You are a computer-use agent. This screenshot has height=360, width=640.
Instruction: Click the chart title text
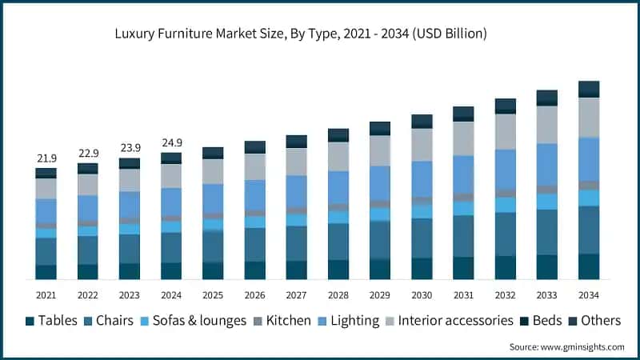[301, 34]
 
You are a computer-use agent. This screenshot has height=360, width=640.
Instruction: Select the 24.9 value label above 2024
[171, 143]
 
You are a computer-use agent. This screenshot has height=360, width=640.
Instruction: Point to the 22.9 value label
[87, 154]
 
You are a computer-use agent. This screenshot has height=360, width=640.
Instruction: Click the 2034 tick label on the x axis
[588, 294]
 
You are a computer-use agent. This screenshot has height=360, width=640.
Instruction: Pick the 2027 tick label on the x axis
[296, 294]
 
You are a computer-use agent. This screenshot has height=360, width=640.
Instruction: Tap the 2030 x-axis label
[422, 294]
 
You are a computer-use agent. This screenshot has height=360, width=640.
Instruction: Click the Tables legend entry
[51, 321]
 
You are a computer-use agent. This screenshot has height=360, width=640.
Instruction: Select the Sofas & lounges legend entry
[195, 321]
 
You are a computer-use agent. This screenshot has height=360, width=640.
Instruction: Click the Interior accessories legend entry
[448, 321]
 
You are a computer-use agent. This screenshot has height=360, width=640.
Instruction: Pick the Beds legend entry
[542, 321]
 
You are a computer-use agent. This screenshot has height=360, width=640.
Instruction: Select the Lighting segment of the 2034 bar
[589, 158]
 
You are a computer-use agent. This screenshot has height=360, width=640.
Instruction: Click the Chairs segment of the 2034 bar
[589, 230]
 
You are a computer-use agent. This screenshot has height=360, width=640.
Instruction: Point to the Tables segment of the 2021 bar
[46, 272]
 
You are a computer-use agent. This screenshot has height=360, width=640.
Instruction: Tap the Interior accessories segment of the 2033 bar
[547, 124]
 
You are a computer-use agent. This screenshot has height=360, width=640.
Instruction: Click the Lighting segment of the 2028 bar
[338, 187]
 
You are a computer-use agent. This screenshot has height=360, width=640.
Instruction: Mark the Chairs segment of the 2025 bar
[213, 246]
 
